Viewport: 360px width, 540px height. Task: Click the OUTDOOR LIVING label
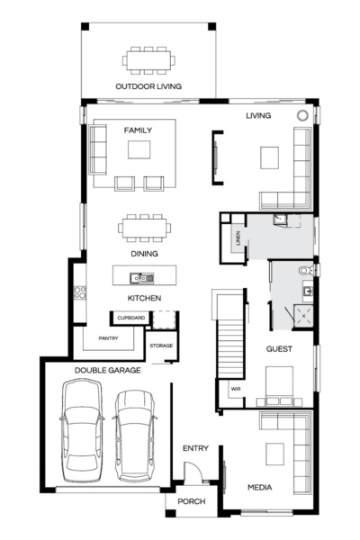click(x=148, y=86)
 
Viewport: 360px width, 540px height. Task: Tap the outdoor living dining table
click(x=148, y=61)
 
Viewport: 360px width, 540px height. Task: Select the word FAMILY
click(x=138, y=130)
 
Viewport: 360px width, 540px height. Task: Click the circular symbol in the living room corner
click(x=303, y=115)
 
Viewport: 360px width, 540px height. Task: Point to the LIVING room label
click(x=259, y=116)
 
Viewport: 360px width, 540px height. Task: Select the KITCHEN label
click(x=143, y=297)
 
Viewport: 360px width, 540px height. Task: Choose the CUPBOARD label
click(x=130, y=318)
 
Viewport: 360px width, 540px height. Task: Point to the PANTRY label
click(x=108, y=338)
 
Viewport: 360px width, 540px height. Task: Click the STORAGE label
click(x=161, y=346)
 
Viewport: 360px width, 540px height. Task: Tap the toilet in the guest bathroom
click(x=306, y=269)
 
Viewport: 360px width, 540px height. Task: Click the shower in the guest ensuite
click(x=304, y=315)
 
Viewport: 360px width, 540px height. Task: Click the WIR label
click(x=235, y=389)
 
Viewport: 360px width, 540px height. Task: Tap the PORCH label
click(x=190, y=502)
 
